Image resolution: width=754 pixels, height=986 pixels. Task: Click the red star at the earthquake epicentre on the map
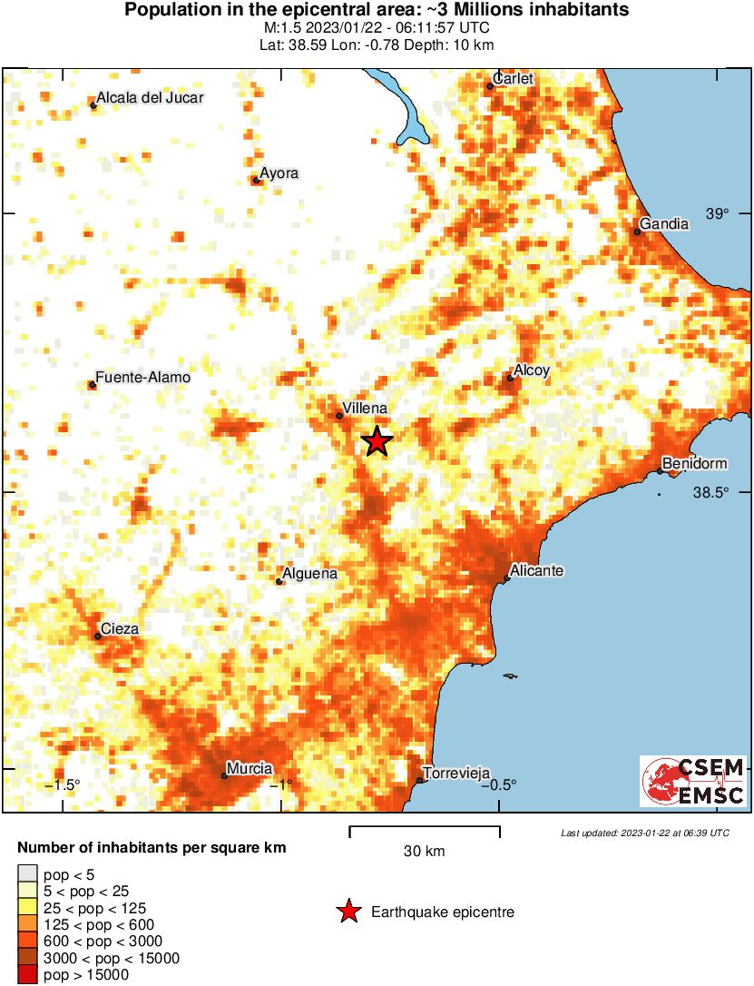(377, 441)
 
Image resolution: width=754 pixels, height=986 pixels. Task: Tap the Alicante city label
(537, 570)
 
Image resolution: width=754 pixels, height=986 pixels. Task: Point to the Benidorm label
(695, 464)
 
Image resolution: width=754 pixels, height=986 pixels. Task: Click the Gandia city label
(663, 223)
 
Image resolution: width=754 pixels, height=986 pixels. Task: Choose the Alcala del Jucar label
(150, 98)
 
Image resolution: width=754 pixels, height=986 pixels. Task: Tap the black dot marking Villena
(339, 416)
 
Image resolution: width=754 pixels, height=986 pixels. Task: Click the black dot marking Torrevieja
(419, 780)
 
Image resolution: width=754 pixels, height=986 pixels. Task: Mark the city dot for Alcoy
(510, 377)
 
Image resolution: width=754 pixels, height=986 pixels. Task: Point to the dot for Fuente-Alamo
(92, 385)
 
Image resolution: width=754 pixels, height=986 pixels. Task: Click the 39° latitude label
(718, 213)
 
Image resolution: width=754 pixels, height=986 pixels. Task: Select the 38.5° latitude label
(711, 493)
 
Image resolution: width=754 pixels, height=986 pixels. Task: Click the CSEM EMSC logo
(693, 781)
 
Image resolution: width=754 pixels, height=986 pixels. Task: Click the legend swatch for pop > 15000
(27, 976)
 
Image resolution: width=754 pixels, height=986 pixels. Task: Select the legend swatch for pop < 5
(27, 874)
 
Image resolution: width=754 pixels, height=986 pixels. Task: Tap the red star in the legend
(348, 912)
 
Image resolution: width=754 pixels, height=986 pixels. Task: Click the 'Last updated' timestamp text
(644, 833)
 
